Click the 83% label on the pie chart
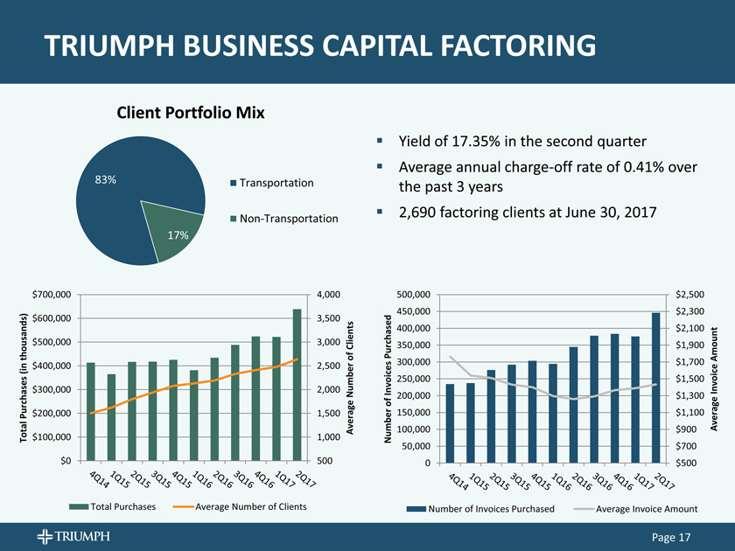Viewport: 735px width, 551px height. (x=106, y=180)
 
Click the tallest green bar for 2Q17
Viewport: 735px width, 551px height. (x=297, y=384)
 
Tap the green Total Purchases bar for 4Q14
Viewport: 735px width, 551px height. (x=90, y=411)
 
